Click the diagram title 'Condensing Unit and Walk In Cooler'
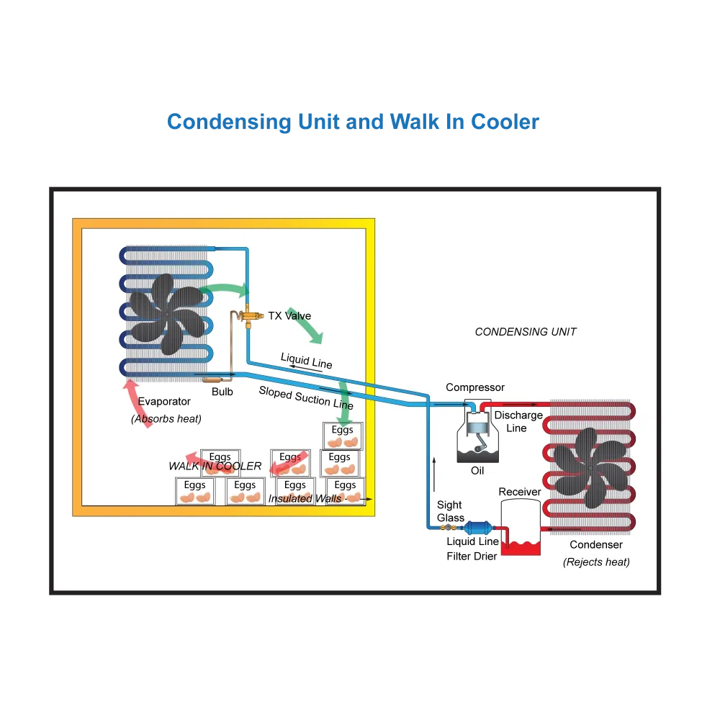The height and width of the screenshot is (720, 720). pos(353,122)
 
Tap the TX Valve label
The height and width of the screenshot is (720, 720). pos(289,316)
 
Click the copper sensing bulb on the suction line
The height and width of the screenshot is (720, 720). pos(212,379)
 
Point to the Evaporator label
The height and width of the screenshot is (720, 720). pos(164,401)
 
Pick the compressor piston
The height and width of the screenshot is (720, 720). pos(477,425)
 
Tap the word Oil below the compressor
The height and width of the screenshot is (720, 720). pos(477,471)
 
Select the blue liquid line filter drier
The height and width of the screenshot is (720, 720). pos(478,528)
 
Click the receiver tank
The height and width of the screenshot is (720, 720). pos(521,527)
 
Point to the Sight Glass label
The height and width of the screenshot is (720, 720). pos(451,511)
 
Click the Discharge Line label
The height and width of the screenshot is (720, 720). pos(518,421)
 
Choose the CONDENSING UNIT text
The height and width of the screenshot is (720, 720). pos(526,331)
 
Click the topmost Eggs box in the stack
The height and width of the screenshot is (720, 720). pos(343,436)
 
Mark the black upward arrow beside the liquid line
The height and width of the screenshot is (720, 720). pos(434,474)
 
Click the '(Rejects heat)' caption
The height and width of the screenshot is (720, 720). pos(596,562)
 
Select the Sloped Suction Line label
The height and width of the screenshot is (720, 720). pos(306,397)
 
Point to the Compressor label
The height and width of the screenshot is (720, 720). pos(474,387)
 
